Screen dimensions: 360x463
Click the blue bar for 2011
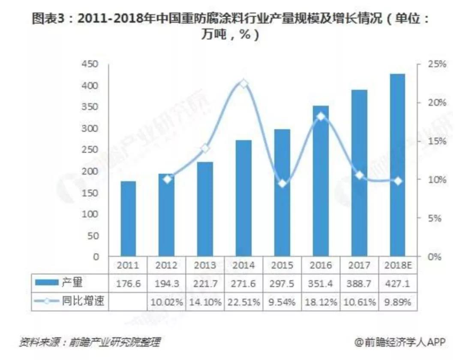pyautogui.click(x=128, y=219)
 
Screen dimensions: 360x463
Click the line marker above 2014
pyautogui.click(x=244, y=84)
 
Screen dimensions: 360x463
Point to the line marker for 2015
pyautogui.click(x=282, y=184)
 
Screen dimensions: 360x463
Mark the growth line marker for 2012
pyautogui.click(x=167, y=179)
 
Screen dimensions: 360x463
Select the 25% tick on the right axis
pyautogui.click(x=437, y=64)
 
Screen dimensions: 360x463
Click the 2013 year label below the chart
pyautogui.click(x=205, y=266)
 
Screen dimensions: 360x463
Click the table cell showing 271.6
pyautogui.click(x=244, y=283)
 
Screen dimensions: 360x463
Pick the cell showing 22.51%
pyautogui.click(x=244, y=302)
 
